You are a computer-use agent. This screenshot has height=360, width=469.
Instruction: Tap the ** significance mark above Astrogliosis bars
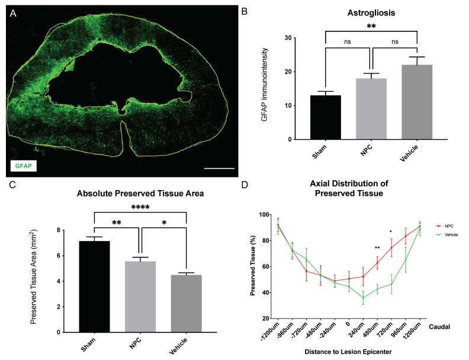(x=371, y=27)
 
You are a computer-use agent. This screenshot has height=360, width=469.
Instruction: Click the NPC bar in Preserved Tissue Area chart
(x=140, y=297)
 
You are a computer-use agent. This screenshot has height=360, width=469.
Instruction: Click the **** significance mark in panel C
(x=140, y=207)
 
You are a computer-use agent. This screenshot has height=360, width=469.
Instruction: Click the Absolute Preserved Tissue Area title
(x=139, y=194)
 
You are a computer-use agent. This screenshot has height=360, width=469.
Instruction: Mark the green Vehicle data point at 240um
(x=363, y=297)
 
